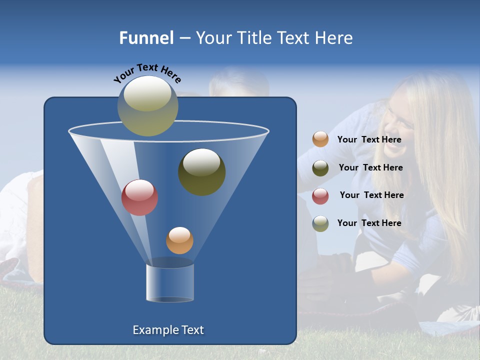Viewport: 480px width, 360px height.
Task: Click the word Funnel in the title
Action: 146,38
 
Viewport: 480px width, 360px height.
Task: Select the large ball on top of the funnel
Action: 148,105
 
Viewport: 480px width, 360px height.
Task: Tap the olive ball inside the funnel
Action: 202,172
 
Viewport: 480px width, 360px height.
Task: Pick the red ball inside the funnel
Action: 140,197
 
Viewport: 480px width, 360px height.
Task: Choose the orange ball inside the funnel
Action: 179,240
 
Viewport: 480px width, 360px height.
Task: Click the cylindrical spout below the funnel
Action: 170,282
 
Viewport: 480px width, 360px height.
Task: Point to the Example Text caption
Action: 168,330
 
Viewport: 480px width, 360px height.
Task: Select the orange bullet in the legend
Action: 320,139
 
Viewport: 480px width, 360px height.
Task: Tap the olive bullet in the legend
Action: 320,168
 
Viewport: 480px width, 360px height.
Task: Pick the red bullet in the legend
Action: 320,196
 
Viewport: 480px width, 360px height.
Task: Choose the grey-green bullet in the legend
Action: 320,223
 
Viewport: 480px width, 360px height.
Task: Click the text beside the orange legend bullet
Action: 369,139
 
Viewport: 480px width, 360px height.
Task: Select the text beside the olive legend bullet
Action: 370,167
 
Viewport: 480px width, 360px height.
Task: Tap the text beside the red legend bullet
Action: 371,195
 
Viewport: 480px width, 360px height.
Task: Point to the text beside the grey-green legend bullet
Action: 369,223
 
